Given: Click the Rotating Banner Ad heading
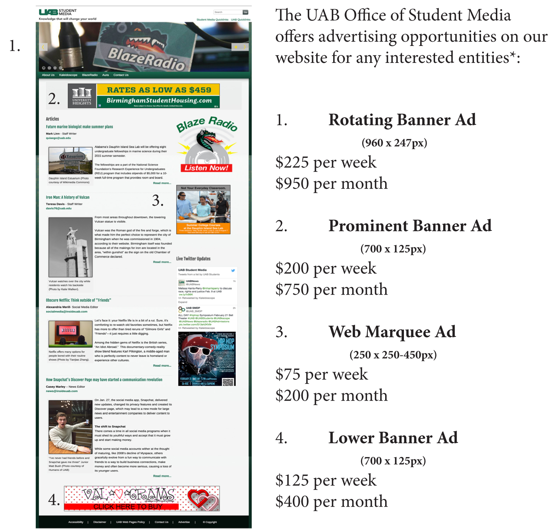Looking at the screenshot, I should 402,120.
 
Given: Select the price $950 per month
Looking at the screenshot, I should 331,184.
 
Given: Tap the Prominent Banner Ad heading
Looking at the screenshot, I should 410,226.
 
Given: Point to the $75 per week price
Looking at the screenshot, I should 322,375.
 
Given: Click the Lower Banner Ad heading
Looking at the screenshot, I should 393,438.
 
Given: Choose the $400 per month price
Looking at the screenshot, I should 331,502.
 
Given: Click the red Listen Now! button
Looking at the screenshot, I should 206,168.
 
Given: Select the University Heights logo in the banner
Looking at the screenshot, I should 82,96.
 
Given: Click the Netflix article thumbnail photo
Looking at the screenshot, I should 70,334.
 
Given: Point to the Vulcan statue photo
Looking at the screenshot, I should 70,247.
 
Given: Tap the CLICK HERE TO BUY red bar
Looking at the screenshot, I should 127,506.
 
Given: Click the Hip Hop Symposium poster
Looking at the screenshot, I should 207,359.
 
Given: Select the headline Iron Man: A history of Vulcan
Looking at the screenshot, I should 68,197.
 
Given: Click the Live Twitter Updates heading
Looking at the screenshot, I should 193,259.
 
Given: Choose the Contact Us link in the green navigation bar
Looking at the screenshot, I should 121,75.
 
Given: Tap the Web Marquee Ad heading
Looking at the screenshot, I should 392,332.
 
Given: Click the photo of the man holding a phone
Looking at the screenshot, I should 70,427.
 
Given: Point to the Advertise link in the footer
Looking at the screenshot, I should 184,522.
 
